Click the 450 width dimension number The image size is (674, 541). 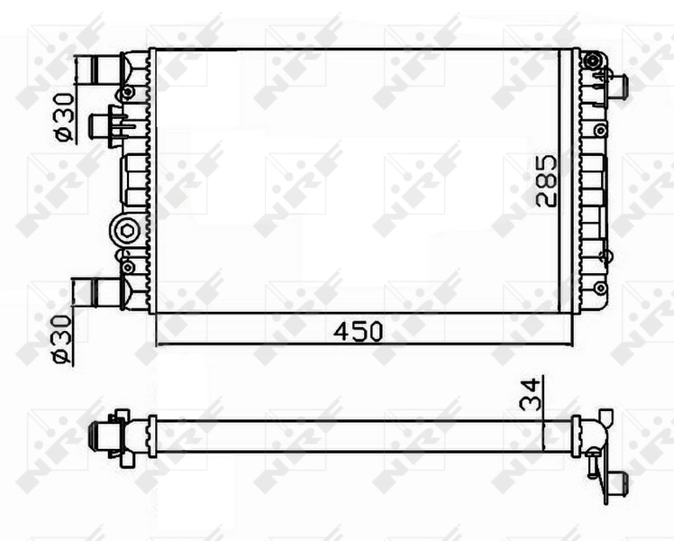click(x=358, y=331)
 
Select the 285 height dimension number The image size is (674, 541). click(x=546, y=181)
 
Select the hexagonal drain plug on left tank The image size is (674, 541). click(x=123, y=231)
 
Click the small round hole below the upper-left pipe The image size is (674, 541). click(x=128, y=92)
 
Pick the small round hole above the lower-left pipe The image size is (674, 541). click(x=127, y=267)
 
